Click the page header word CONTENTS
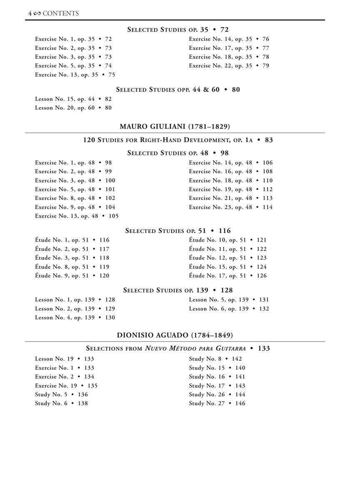pyautogui.click(x=60, y=13)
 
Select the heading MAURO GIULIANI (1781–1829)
pyautogui.click(x=175, y=126)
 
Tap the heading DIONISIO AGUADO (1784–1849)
pyautogui.click(x=175, y=335)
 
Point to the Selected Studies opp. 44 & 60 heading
pyautogui.click(x=178, y=89)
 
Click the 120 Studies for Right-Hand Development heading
pyautogui.click(x=178, y=140)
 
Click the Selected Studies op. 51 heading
pyautogui.click(x=178, y=231)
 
